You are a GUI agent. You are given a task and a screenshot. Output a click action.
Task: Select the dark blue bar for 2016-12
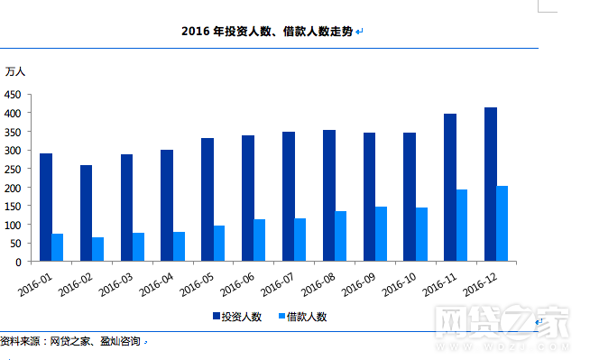click(x=491, y=184)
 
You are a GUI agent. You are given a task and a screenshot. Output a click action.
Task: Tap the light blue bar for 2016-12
click(x=502, y=224)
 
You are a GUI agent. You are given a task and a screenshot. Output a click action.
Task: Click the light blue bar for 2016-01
click(x=58, y=247)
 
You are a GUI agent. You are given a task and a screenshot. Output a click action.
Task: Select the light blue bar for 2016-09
click(x=381, y=234)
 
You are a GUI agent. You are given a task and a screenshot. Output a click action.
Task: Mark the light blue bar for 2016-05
click(x=219, y=243)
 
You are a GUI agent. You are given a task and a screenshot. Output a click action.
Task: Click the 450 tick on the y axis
click(x=13, y=94)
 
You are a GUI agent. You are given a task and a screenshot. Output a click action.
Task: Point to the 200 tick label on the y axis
click(x=13, y=188)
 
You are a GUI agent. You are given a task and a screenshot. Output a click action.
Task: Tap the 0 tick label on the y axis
click(x=17, y=263)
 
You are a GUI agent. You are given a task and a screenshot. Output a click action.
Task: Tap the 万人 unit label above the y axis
click(x=15, y=70)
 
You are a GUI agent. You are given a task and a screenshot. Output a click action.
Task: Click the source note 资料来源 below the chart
click(x=70, y=342)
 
